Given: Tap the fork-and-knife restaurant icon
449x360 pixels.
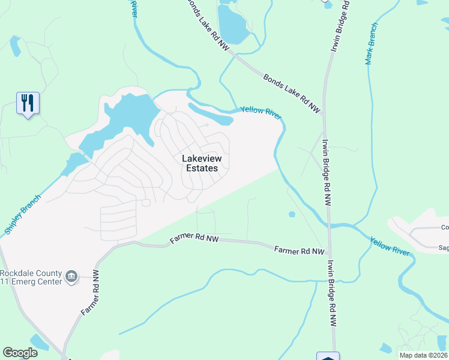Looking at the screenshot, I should click(28, 103).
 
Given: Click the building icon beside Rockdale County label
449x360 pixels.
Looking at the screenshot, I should click(71, 276).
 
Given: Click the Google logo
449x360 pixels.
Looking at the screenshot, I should click(20, 352).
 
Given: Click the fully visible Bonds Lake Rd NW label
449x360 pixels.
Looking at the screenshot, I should click(292, 93).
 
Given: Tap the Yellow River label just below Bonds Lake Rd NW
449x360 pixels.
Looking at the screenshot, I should click(261, 112).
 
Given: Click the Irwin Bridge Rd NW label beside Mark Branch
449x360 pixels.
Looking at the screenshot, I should click(342, 29).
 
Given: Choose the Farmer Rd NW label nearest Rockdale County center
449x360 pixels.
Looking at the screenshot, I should click(92, 293).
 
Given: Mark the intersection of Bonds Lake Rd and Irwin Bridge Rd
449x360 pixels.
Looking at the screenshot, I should click(324, 114).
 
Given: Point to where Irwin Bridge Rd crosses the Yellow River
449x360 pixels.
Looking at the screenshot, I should click(328, 226).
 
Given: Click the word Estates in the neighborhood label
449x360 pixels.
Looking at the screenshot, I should click(201, 169).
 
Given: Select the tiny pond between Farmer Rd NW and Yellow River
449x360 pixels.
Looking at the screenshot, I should click(292, 214).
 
